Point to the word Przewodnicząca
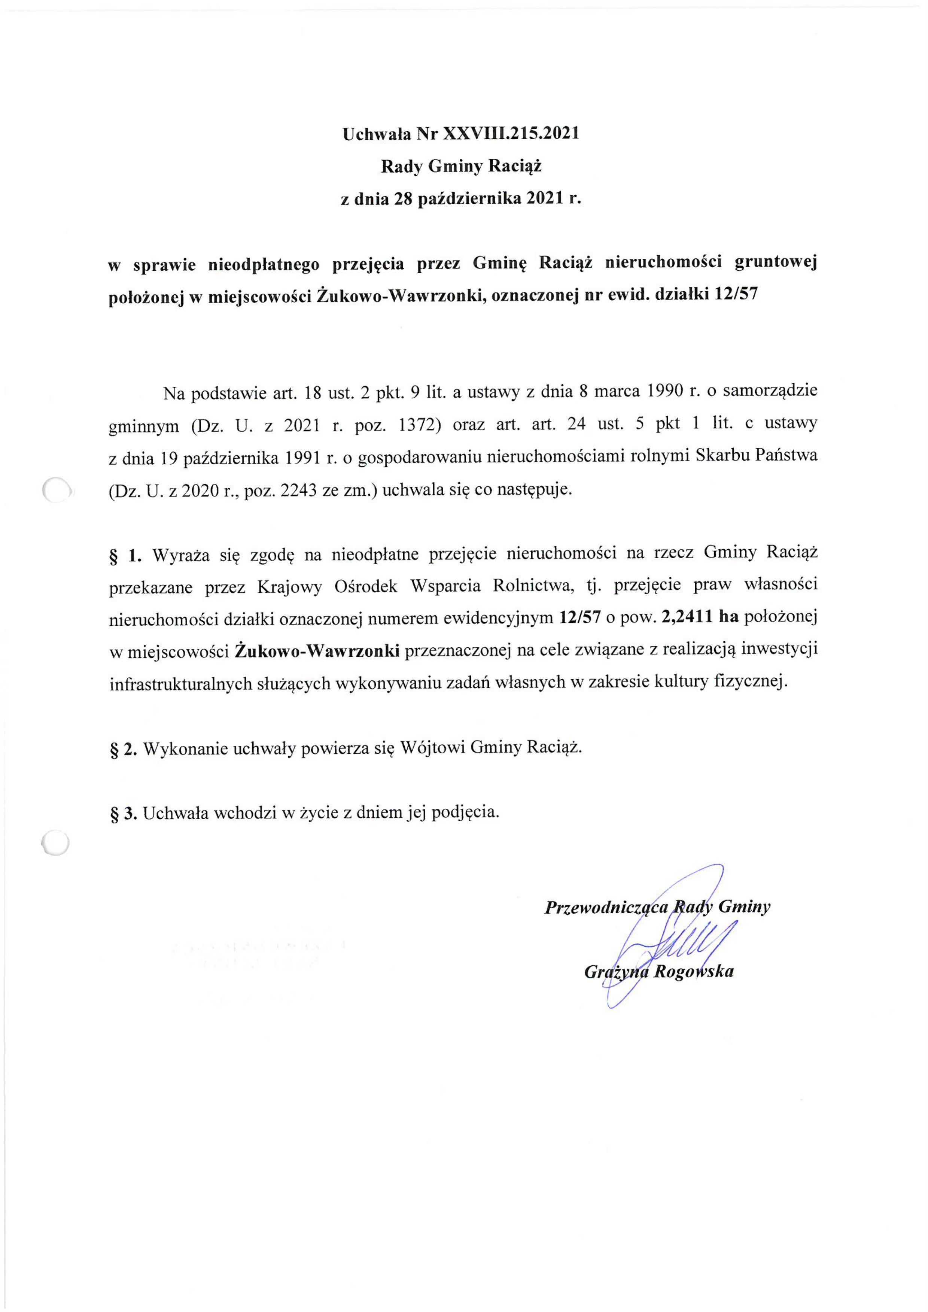click(606, 907)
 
